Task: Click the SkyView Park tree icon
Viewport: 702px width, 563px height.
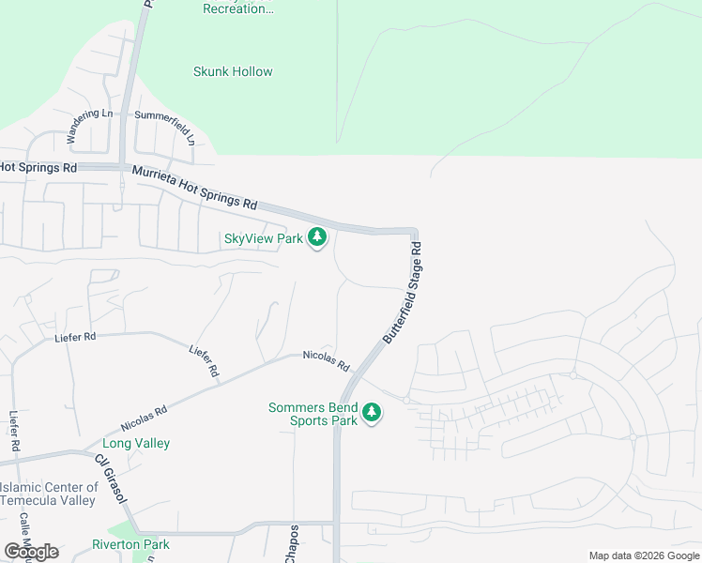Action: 317,238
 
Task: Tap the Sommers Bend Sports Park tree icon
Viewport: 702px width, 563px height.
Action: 373,414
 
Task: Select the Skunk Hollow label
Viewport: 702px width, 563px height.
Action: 233,71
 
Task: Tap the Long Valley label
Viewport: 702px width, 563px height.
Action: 136,443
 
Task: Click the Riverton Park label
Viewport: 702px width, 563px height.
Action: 130,544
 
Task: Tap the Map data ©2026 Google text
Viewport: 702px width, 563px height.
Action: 645,555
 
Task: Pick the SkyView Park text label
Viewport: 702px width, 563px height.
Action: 264,238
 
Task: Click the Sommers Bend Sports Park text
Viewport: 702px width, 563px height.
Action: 313,414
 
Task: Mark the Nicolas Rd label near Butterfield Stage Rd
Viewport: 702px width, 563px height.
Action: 326,359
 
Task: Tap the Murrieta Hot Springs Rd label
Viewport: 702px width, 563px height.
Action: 194,187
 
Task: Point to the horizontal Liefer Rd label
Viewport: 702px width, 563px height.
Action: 76,337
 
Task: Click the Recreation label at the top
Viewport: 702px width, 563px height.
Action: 239,8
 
